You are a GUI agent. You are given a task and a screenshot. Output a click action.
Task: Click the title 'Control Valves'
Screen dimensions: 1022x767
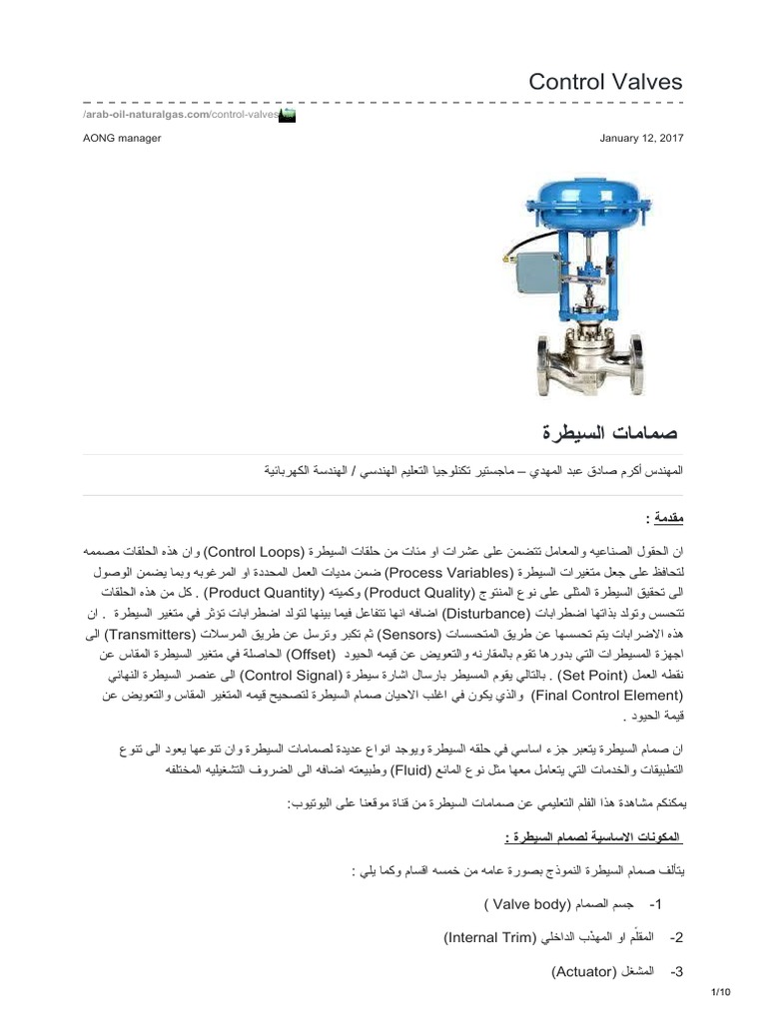point(605,81)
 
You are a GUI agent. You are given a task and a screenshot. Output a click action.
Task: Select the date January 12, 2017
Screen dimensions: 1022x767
point(641,138)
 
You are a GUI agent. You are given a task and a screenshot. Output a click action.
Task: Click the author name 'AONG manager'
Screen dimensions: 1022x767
point(122,138)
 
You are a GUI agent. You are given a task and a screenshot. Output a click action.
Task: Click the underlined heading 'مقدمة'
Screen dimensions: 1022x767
point(664,518)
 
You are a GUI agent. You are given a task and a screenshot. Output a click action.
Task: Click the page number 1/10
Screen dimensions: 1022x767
point(721,991)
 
